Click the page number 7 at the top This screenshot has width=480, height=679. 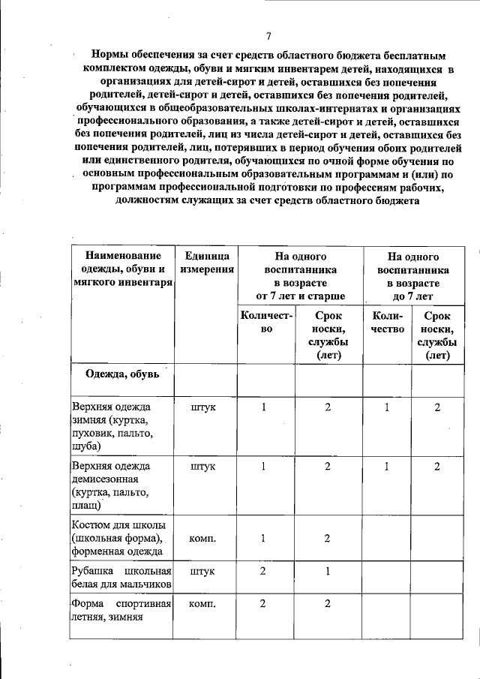[x=268, y=36]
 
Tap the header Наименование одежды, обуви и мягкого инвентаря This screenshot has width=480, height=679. [x=122, y=269]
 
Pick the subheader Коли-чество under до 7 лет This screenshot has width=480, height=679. [x=387, y=323]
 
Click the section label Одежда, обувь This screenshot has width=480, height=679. [x=120, y=374]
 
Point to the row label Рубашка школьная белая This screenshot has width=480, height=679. [x=122, y=577]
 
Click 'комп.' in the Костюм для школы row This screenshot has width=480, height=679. [x=202, y=538]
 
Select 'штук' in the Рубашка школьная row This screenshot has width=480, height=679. [x=202, y=571]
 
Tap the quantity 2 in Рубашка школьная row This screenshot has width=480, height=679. [x=263, y=571]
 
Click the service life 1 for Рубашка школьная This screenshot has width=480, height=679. [x=328, y=571]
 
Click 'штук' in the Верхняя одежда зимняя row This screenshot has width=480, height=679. [x=202, y=407]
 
